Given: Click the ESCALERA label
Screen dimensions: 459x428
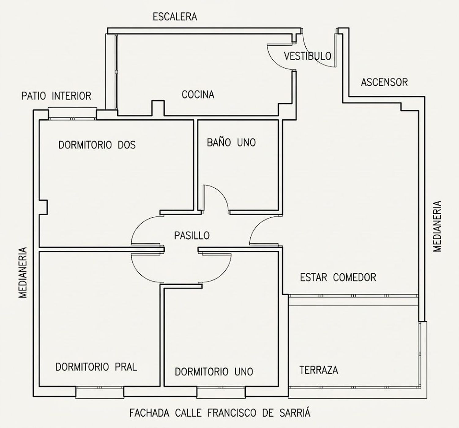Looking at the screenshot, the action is (x=175, y=17).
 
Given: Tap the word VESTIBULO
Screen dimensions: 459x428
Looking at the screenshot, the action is (x=308, y=56).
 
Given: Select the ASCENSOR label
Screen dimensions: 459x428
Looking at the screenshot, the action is (x=384, y=82).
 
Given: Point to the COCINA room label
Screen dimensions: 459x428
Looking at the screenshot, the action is (x=198, y=94).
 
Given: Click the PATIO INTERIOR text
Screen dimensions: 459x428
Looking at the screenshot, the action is (x=56, y=96).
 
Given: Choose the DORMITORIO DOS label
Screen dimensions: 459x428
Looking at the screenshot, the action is (x=97, y=145).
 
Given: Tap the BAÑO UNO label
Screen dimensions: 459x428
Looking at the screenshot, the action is (x=231, y=142).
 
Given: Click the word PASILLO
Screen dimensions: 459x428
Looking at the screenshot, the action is (x=192, y=236).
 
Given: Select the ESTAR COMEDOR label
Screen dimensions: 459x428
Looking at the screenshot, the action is (x=338, y=277).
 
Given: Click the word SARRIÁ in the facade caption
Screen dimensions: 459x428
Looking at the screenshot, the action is (x=295, y=412).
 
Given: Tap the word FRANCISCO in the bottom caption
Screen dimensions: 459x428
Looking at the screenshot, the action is (x=232, y=413).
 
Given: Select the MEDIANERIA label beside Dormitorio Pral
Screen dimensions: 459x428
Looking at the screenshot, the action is (x=23, y=273).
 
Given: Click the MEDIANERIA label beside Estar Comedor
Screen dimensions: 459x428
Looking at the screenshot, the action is (x=437, y=226).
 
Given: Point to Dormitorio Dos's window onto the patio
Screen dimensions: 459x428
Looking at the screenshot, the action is (x=72, y=114).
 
